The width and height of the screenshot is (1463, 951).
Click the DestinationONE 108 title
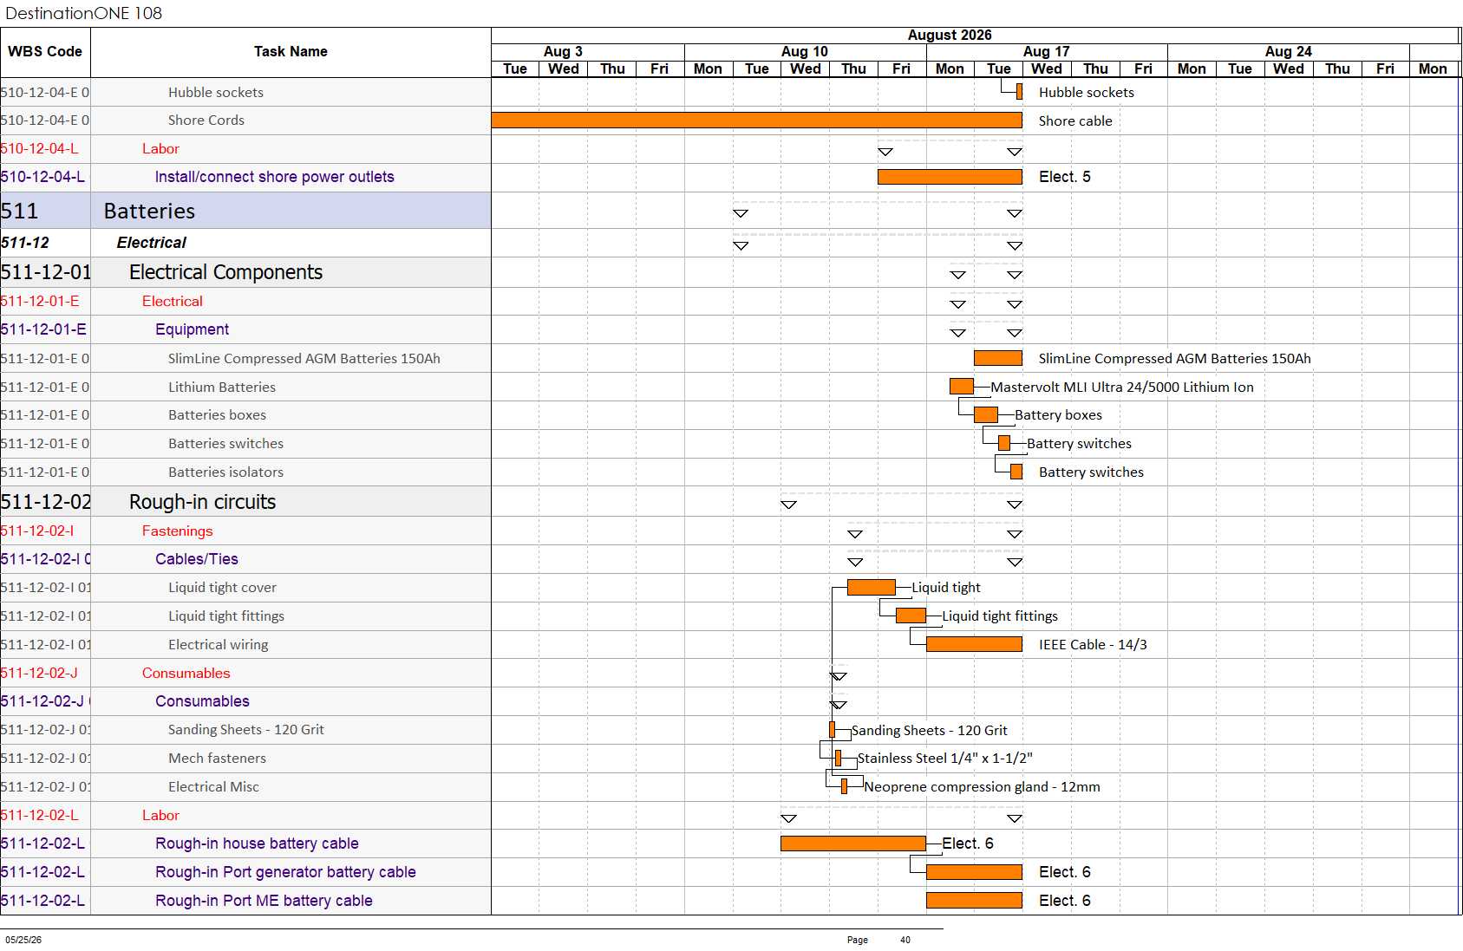click(83, 13)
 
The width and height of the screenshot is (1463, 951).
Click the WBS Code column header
click(45, 51)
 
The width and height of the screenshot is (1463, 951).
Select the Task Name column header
click(291, 51)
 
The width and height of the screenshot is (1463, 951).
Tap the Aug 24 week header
click(1288, 51)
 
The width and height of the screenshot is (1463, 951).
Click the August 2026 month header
click(950, 36)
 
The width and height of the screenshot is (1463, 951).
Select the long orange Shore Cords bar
click(757, 121)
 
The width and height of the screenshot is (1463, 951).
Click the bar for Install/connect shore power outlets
click(950, 177)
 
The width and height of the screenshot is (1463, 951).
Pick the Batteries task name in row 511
click(149, 211)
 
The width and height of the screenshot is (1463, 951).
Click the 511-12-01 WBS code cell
click(45, 272)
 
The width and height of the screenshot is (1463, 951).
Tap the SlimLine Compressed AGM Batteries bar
click(998, 358)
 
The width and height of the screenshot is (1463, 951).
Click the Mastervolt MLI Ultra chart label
click(1122, 387)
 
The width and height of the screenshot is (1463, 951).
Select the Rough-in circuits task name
click(202, 502)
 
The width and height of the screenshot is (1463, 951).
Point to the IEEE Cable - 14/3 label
click(1093, 645)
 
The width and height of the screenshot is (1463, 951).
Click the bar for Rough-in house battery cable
click(853, 844)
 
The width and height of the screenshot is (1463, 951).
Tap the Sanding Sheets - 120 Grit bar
click(832, 730)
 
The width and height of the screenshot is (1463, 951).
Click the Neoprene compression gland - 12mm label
click(983, 787)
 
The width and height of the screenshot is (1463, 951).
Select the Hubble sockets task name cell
click(216, 93)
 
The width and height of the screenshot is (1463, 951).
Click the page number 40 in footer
click(905, 940)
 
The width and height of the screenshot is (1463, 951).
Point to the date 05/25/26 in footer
click(23, 940)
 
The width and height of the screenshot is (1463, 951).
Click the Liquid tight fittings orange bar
click(911, 616)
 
